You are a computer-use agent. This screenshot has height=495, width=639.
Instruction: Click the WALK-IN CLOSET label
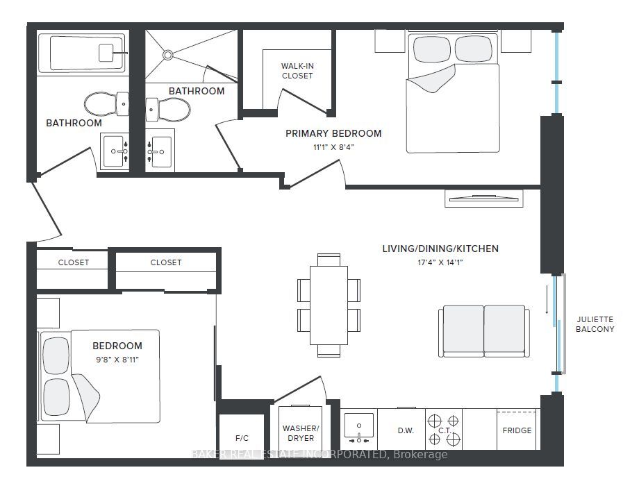coord(297,71)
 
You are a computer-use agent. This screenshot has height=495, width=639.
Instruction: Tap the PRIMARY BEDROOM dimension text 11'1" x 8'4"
coord(333,147)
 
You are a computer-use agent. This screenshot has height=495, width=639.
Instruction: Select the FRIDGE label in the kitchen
coord(517,430)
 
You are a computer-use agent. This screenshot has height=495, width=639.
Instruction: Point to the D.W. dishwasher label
coord(406,430)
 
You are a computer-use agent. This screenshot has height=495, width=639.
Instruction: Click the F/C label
coord(242,438)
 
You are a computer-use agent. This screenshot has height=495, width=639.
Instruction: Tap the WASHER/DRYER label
coord(301,433)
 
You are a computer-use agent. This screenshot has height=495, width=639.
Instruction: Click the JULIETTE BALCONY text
coord(595,324)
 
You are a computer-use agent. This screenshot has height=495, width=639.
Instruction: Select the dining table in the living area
coord(329,305)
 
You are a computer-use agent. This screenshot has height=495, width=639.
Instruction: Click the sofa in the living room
coord(484,331)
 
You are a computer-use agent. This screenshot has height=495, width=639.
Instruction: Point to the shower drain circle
coord(167,55)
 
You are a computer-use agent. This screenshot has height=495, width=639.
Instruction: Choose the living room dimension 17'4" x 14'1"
coord(440,262)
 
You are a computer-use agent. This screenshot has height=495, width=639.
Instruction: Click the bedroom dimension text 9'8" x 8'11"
coord(117,360)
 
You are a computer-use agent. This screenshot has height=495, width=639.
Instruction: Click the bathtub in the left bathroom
coord(81,53)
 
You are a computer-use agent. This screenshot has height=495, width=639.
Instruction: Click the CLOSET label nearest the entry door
coord(74,262)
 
